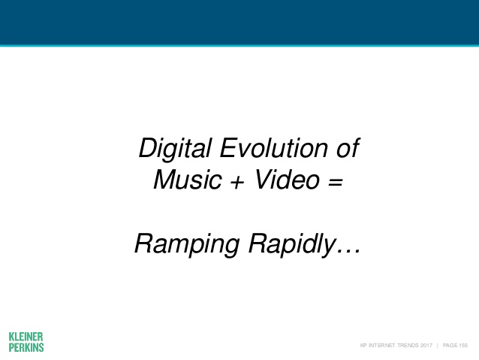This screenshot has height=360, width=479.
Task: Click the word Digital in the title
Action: point(175,149)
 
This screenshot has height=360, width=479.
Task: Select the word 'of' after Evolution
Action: point(348,148)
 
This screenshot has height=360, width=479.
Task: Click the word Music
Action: point(188,179)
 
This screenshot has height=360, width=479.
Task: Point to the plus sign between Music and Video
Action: point(238,182)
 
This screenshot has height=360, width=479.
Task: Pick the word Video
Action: point(287,179)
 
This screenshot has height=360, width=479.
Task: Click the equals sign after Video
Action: point(336,182)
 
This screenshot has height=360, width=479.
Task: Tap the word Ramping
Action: point(187,245)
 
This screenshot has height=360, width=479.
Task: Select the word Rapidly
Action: point(292,245)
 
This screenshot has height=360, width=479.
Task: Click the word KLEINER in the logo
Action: point(26,337)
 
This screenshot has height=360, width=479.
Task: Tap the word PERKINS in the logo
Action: point(26,347)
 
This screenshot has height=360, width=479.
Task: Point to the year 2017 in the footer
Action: point(426,345)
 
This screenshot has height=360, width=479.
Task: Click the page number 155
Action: point(463,345)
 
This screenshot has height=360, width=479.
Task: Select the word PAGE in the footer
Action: point(450,345)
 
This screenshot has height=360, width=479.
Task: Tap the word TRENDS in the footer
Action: point(408,345)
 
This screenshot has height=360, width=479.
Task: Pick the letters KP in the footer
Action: point(363,345)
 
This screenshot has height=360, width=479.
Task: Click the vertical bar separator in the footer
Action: point(438,345)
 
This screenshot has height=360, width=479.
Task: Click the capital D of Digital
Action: point(149,148)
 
